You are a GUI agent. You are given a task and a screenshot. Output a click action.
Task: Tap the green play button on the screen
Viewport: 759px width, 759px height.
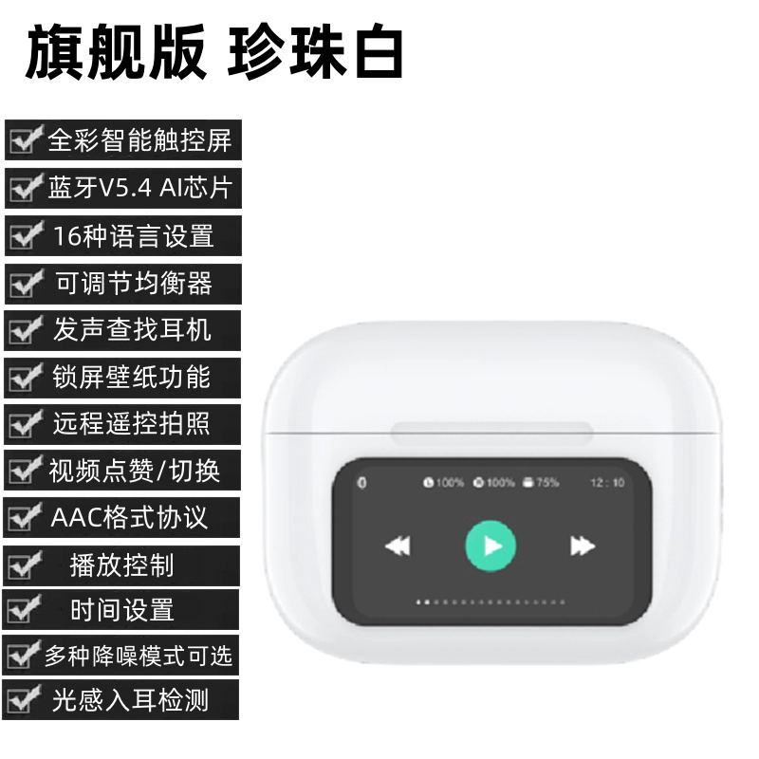tap(491, 546)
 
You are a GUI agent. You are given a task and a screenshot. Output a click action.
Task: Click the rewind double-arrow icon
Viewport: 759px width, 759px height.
tap(398, 546)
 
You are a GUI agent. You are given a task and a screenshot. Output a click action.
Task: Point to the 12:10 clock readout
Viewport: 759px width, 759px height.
tap(607, 483)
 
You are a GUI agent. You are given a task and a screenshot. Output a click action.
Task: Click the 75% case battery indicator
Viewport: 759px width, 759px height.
tap(541, 482)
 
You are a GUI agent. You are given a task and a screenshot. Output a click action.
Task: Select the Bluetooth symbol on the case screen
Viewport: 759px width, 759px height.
tap(361, 483)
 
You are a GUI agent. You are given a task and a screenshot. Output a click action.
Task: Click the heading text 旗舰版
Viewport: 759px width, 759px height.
tap(116, 52)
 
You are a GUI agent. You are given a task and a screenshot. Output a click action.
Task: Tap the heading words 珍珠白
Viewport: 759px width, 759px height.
tap(315, 52)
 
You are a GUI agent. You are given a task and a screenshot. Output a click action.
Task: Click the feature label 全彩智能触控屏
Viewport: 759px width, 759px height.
tap(139, 140)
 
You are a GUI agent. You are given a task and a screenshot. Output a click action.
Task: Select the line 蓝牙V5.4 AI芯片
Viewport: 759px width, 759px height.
tap(140, 188)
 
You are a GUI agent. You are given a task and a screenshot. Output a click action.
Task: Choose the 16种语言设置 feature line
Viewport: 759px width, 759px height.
tap(134, 235)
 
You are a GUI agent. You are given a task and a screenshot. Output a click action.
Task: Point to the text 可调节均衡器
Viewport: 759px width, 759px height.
tap(134, 283)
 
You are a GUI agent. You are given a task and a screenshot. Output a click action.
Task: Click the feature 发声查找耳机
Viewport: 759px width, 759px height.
tap(132, 330)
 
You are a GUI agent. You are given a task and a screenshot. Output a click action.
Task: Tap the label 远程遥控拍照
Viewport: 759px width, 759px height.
tap(131, 423)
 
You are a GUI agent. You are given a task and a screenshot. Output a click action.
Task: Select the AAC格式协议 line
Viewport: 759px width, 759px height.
tap(129, 517)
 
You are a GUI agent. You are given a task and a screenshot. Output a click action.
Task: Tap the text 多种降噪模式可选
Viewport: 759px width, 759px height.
tap(139, 656)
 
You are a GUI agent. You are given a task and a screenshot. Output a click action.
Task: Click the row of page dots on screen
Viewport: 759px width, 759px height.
tap(491, 602)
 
